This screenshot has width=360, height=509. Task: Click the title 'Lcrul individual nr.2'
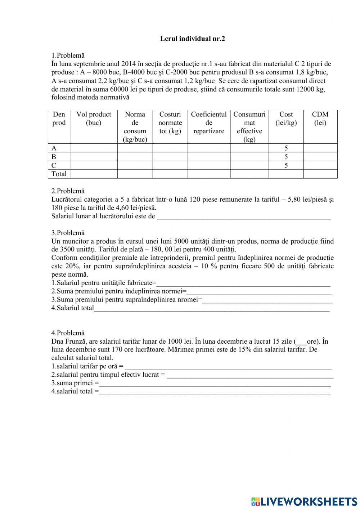pyautogui.click(x=192, y=39)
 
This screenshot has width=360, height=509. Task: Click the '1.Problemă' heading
pyautogui.click(x=68, y=55)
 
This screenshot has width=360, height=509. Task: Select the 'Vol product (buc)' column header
pyautogui.click(x=94, y=119)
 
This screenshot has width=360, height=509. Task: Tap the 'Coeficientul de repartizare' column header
pyautogui.click(x=209, y=122)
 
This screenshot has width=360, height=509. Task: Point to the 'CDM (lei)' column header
pyautogui.click(x=320, y=119)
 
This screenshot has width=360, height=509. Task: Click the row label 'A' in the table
pyautogui.click(x=54, y=148)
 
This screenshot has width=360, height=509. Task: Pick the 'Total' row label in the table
pyautogui.click(x=59, y=174)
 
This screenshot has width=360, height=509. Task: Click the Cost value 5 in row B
pyautogui.click(x=286, y=157)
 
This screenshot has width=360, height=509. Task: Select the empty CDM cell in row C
pyautogui.click(x=320, y=165)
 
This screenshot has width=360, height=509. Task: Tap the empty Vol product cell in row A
pyautogui.click(x=94, y=148)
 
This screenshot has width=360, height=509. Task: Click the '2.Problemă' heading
pyautogui.click(x=68, y=191)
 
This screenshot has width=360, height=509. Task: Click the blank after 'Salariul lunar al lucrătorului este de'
pyautogui.click(x=244, y=216)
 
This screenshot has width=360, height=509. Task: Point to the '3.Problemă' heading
pyautogui.click(x=68, y=233)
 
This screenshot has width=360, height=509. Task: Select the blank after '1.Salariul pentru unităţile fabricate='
pyautogui.click(x=244, y=283)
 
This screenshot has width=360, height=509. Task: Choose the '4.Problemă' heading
pyautogui.click(x=68, y=333)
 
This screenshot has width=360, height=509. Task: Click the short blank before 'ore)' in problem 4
pyautogui.click(x=301, y=342)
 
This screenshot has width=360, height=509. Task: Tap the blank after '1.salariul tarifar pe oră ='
pyautogui.click(x=228, y=367)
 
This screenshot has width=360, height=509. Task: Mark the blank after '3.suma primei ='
pyautogui.click(x=215, y=383)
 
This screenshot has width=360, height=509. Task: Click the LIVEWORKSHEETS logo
pyautogui.click(x=304, y=501)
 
